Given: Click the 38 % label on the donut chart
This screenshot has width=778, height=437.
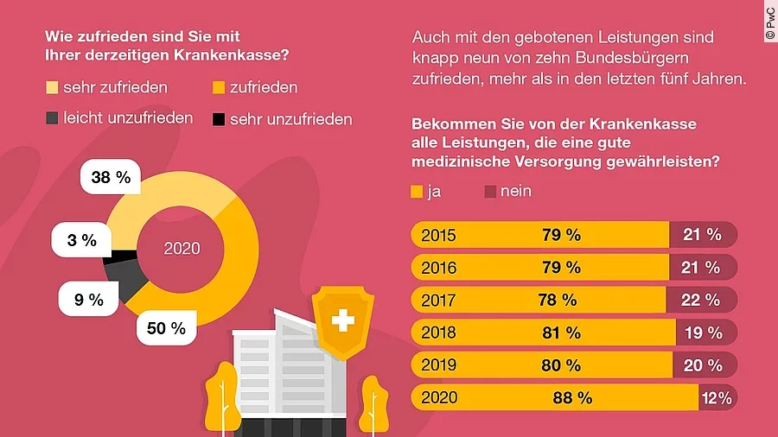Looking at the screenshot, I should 111,178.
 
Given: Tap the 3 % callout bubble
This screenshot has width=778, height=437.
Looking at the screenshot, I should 82,240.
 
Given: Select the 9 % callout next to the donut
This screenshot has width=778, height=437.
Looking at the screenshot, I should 89,300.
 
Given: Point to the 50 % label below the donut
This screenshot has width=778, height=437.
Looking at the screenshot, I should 166,328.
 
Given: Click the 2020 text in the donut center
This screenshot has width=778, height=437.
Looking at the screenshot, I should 182,249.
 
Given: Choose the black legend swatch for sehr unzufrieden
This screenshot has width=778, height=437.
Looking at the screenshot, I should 219,119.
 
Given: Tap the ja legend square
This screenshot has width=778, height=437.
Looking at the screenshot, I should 416,192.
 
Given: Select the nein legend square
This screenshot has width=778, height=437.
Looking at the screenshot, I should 490,192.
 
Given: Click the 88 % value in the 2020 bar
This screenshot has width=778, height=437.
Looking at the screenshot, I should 572,398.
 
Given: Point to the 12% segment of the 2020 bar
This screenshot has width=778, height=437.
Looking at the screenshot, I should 717,398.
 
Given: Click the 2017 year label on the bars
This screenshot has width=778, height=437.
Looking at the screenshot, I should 438,300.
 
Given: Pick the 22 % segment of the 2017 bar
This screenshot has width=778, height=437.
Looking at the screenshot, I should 702,300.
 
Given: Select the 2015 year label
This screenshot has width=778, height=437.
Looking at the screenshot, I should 438,235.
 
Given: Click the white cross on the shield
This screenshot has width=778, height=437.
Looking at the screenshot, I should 343,323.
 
